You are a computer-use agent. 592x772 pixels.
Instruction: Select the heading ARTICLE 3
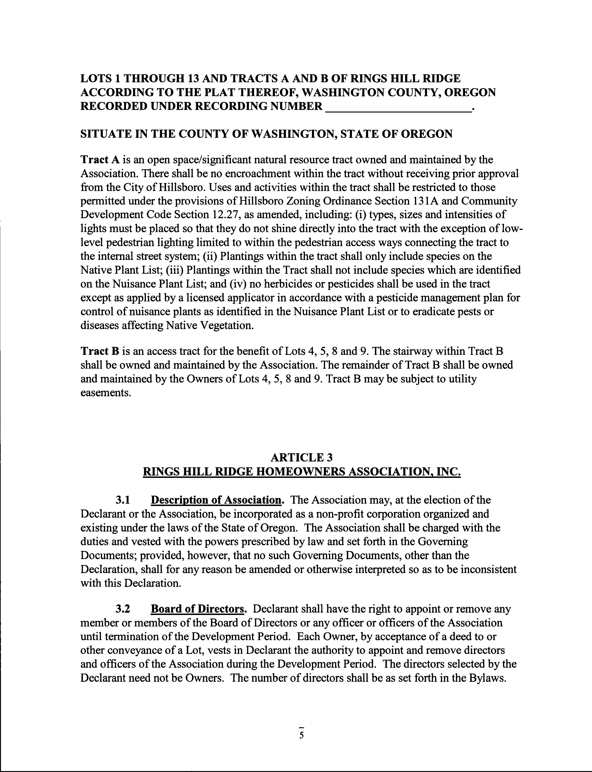pos(301,457)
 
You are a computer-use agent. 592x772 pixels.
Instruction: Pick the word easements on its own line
pos(106,393)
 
